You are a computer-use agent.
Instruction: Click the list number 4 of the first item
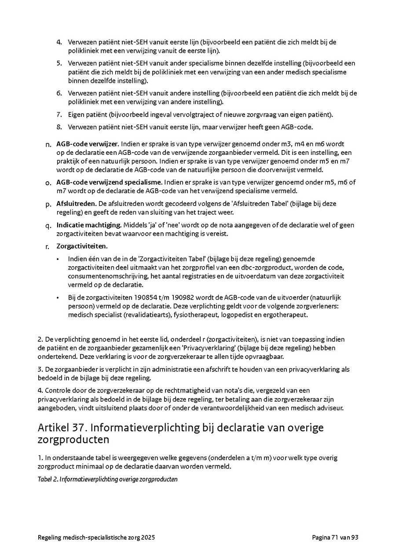point(59,42)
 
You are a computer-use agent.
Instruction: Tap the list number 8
point(59,127)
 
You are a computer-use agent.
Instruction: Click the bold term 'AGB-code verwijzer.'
point(88,144)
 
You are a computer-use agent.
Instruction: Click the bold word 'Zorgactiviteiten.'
point(82,246)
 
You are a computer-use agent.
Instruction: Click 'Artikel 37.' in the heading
point(62,428)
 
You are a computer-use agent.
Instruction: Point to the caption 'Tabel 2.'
point(48,479)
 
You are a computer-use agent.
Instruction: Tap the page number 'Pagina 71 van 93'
point(335,537)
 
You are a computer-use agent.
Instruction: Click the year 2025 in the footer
point(147,537)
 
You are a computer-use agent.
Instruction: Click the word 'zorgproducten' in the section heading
point(73,440)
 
